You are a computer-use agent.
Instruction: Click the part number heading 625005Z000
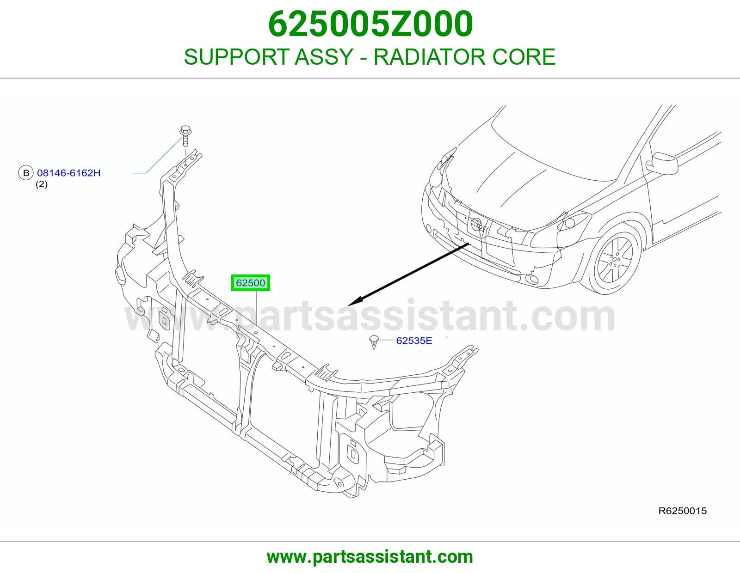pyautogui.click(x=370, y=24)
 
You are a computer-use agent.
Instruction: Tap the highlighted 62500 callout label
pyautogui.click(x=251, y=283)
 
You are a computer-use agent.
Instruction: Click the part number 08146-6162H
pyautogui.click(x=69, y=173)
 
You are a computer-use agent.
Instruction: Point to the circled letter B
pyautogui.click(x=26, y=173)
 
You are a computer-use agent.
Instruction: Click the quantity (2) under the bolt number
pyautogui.click(x=42, y=184)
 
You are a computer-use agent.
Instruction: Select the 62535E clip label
pyautogui.click(x=414, y=341)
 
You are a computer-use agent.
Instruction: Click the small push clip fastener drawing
pyautogui.click(x=374, y=342)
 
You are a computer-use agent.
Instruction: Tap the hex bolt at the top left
pyautogui.click(x=185, y=135)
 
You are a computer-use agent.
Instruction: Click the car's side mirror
pyautogui.click(x=662, y=164)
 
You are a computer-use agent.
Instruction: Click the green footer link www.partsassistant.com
pyautogui.click(x=370, y=557)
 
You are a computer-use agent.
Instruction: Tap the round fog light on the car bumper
pyautogui.click(x=531, y=279)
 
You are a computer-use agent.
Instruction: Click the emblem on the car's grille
pyautogui.click(x=476, y=224)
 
